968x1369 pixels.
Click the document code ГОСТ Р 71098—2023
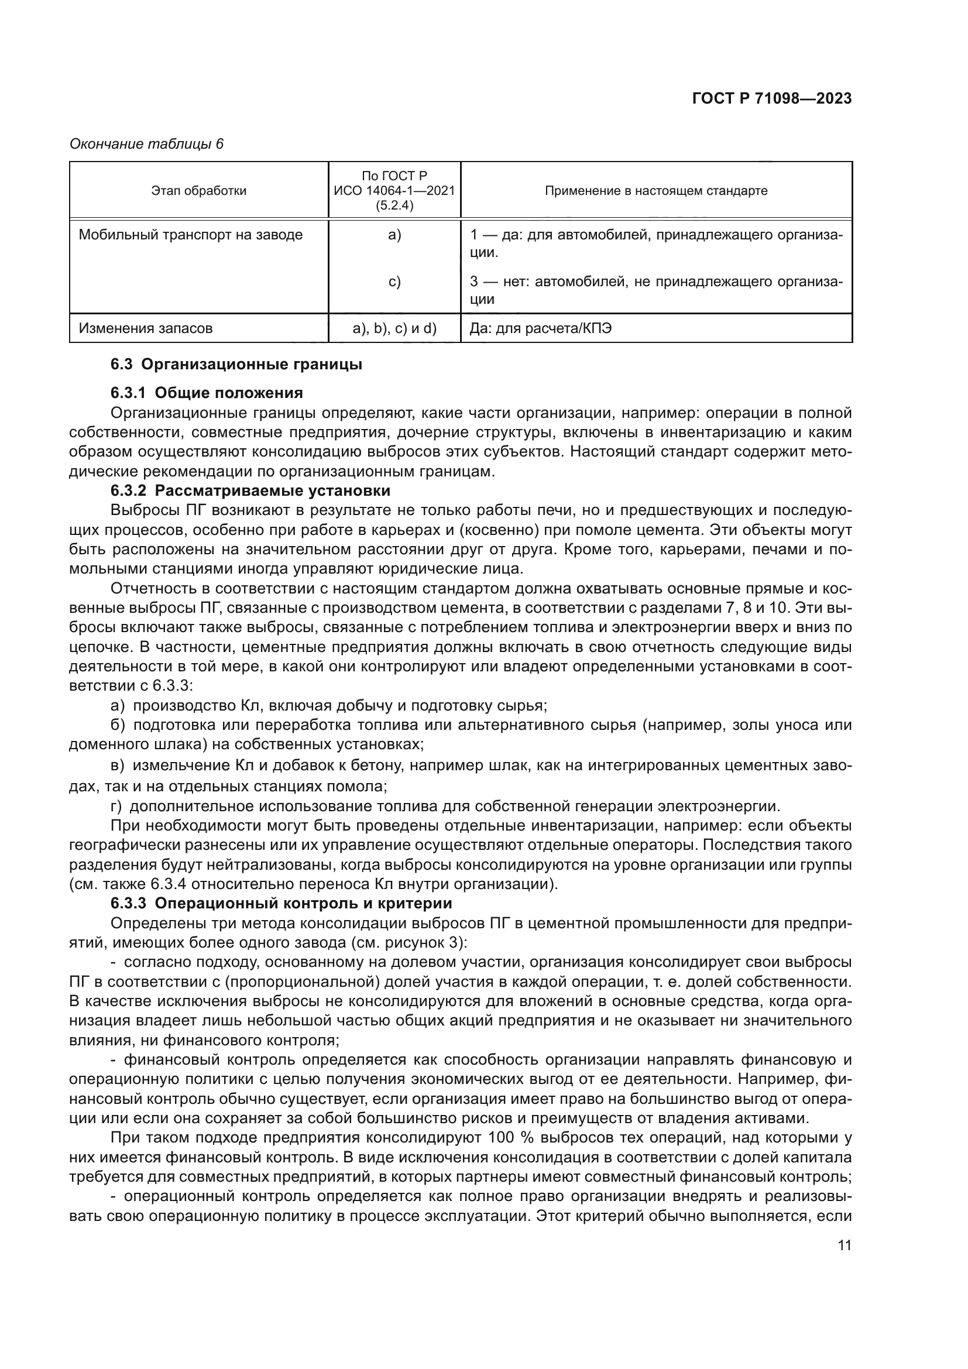pyautogui.click(x=771, y=99)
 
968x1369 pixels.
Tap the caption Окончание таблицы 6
pyautogui.click(x=147, y=144)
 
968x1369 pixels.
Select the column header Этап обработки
pyautogui.click(x=198, y=191)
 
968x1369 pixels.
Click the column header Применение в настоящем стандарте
pyautogui.click(x=655, y=191)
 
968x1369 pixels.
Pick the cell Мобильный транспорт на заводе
pyautogui.click(x=191, y=235)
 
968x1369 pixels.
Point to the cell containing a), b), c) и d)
pyautogui.click(x=394, y=328)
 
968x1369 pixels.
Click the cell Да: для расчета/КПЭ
pyautogui.click(x=540, y=328)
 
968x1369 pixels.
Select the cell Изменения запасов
pyautogui.click(x=146, y=328)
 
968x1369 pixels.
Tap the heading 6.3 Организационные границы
pyautogui.click(x=236, y=364)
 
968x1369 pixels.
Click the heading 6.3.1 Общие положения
pyautogui.click(x=206, y=393)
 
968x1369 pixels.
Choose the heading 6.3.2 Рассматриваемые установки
pyautogui.click(x=250, y=490)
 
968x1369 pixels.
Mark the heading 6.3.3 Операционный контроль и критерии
pyautogui.click(x=281, y=903)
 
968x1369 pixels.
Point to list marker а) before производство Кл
pyautogui.click(x=118, y=706)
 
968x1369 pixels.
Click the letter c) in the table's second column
pyautogui.click(x=394, y=282)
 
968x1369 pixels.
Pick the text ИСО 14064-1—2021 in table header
pyautogui.click(x=394, y=191)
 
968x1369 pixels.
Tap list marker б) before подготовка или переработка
pyautogui.click(x=118, y=726)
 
